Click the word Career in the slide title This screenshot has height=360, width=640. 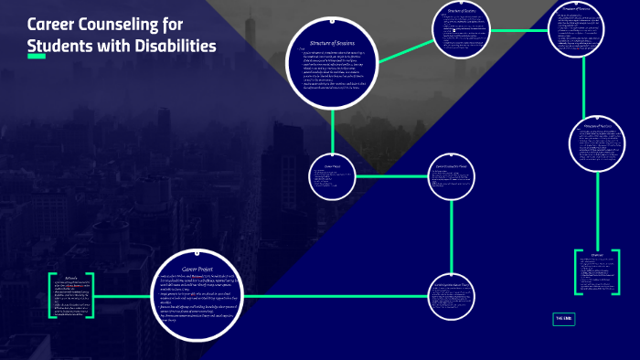[x=53, y=24]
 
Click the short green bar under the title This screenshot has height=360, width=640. [x=37, y=58]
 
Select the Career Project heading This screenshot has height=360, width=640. [x=197, y=269]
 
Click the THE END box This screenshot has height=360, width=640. [x=563, y=319]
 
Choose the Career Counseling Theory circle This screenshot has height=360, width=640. [x=453, y=176]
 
